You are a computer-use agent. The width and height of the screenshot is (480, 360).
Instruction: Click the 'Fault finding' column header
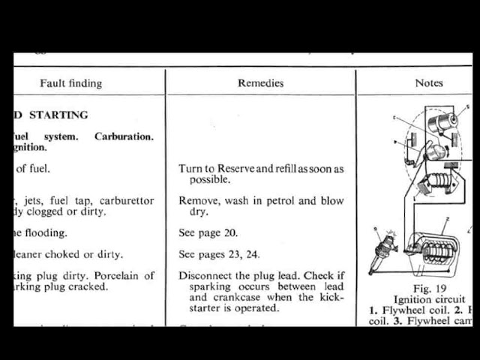(x=70, y=83)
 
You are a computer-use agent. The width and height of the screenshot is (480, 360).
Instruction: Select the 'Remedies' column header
(x=260, y=83)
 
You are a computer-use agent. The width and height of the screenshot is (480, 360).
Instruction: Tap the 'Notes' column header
(x=429, y=83)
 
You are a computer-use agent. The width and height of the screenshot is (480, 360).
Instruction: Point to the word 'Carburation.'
(x=124, y=136)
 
